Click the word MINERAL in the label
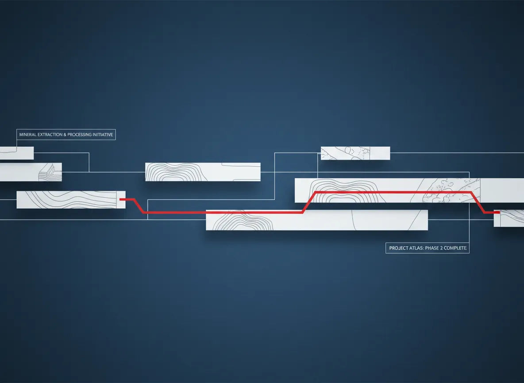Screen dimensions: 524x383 27,135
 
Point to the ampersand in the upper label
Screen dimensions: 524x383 65,135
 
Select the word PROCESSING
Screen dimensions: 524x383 80,135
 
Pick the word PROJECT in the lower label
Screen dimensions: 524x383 398,248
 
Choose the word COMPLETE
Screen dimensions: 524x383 455,248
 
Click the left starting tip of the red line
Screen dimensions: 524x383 119,199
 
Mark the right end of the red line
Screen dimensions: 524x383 500,212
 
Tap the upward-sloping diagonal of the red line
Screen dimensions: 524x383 309,202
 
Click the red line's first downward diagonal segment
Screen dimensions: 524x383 139,206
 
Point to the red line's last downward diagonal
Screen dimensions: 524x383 478,202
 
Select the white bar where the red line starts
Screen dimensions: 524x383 71,199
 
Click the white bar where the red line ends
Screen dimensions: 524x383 509,218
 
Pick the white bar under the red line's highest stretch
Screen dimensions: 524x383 409,190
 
